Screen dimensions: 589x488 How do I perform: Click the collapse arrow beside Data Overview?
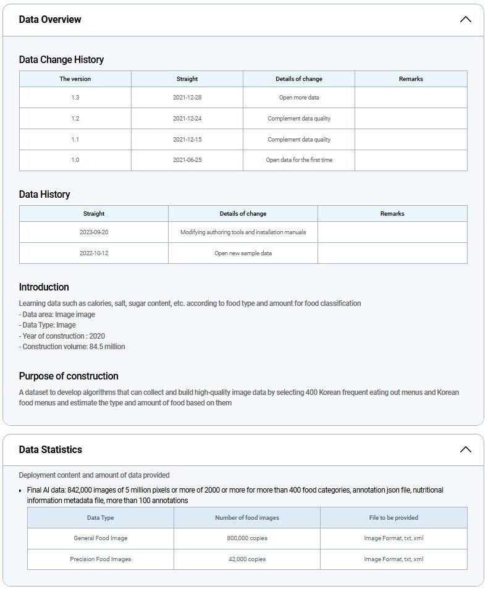[465, 19]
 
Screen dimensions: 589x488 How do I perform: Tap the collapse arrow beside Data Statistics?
[465, 449]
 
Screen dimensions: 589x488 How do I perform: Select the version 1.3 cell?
[75, 98]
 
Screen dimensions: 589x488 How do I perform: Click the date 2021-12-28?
[187, 98]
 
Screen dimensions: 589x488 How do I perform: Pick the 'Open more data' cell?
[299, 98]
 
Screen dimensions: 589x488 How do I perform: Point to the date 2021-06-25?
[187, 160]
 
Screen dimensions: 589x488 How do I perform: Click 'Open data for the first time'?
[299, 160]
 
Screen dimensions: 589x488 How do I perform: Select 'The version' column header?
[75, 79]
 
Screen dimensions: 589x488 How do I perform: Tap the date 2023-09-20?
[94, 232]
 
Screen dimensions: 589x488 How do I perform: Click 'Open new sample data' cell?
[243, 253]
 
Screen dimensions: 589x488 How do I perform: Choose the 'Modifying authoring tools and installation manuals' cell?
[243, 232]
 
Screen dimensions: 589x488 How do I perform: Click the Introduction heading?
[44, 287]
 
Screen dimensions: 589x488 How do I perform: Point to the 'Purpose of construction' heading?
[69, 376]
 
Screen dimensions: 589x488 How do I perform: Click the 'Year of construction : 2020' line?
[62, 336]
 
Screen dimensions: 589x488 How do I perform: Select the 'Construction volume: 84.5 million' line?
[72, 347]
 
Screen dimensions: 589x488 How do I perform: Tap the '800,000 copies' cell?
[247, 538]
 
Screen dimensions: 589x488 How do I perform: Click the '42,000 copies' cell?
[247, 559]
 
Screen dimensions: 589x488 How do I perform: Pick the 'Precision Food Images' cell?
[101, 559]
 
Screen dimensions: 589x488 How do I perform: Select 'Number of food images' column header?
[247, 518]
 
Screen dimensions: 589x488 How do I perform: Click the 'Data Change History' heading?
[61, 59]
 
